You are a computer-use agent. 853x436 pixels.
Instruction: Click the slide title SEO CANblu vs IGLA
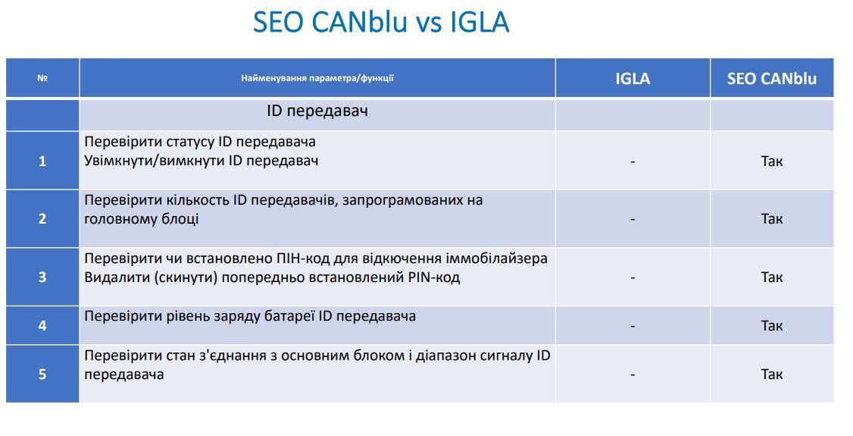(381, 22)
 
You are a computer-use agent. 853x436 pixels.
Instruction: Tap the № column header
(42, 78)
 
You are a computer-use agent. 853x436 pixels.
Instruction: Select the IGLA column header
(633, 78)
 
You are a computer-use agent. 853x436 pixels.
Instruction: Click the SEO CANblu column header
(772, 78)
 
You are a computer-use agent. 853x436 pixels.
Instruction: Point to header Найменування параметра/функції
(317, 78)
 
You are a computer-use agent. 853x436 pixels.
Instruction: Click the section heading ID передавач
(317, 111)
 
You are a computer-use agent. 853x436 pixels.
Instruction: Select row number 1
(42, 161)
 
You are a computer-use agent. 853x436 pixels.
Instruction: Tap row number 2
(42, 219)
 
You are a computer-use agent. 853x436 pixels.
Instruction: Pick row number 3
(42, 277)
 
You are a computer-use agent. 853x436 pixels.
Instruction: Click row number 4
(42, 325)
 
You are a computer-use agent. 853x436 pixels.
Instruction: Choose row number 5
(42, 375)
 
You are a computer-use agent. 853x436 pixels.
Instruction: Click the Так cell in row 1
(772, 161)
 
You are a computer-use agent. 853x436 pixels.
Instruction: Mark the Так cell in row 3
(772, 277)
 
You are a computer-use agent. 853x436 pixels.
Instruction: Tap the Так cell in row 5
(772, 375)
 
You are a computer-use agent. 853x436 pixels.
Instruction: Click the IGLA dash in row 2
(633, 219)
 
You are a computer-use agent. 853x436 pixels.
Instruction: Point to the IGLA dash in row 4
(633, 326)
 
